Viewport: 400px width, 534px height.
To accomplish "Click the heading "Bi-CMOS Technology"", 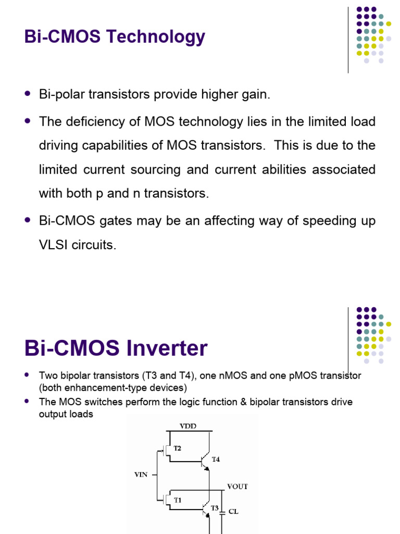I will click(x=115, y=37).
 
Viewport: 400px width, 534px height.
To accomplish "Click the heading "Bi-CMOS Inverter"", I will click(x=116, y=348).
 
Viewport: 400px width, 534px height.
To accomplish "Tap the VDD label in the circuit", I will click(x=188, y=426).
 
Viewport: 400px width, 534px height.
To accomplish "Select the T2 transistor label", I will click(x=177, y=448).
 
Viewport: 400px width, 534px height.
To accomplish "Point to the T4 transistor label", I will click(x=216, y=459).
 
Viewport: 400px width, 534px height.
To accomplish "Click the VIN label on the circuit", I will click(x=141, y=475).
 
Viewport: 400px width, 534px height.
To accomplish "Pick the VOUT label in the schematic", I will click(x=238, y=487).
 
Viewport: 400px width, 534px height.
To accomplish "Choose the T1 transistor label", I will click(x=177, y=500).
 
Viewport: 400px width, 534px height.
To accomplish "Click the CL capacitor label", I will click(x=233, y=512).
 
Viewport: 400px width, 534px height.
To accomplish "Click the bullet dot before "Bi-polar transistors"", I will click(x=28, y=94).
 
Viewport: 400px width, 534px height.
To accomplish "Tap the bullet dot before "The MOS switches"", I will click(x=28, y=402).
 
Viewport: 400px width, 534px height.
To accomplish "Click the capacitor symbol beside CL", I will click(x=222, y=512).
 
